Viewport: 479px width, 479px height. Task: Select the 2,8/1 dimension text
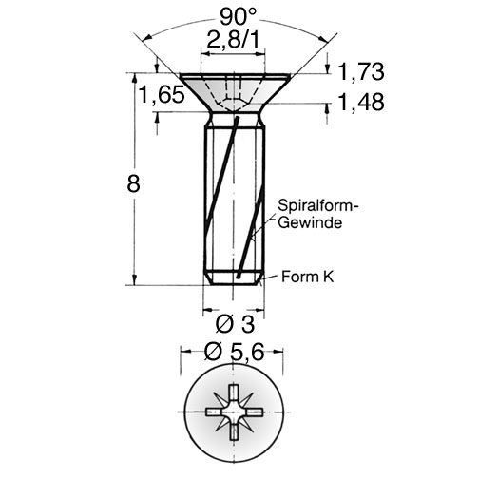(233, 40)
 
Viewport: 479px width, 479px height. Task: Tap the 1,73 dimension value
(361, 71)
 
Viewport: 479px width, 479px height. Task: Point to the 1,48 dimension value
(361, 102)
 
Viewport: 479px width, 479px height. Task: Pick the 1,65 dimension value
(162, 94)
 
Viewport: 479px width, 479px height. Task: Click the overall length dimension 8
(133, 183)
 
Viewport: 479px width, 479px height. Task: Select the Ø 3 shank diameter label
(235, 324)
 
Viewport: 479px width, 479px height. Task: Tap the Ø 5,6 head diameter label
(234, 352)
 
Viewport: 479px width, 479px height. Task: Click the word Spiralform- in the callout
(318, 205)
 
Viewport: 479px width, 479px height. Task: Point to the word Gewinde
(310, 222)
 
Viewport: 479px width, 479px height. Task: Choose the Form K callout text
(308, 277)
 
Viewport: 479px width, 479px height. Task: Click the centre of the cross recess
(234, 412)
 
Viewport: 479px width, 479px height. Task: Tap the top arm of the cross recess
(234, 393)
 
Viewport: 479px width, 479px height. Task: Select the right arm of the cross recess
(254, 412)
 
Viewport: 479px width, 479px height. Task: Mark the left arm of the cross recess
(215, 412)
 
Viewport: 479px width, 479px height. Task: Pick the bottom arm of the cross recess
(234, 431)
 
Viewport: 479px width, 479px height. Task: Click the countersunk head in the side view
(235, 92)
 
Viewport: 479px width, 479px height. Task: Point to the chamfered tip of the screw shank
(234, 278)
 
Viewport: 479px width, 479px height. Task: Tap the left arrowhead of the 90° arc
(146, 38)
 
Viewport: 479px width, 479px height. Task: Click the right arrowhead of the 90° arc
(322, 38)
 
